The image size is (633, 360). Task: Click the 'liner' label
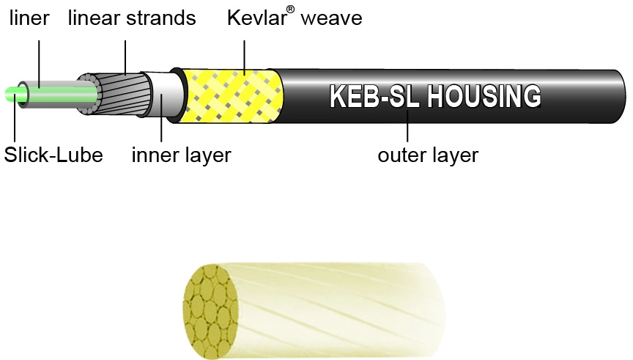[x=29, y=18]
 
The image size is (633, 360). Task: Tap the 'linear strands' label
[x=132, y=18]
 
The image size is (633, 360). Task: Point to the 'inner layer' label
[x=181, y=155]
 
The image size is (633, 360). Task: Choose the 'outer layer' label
[x=427, y=155]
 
